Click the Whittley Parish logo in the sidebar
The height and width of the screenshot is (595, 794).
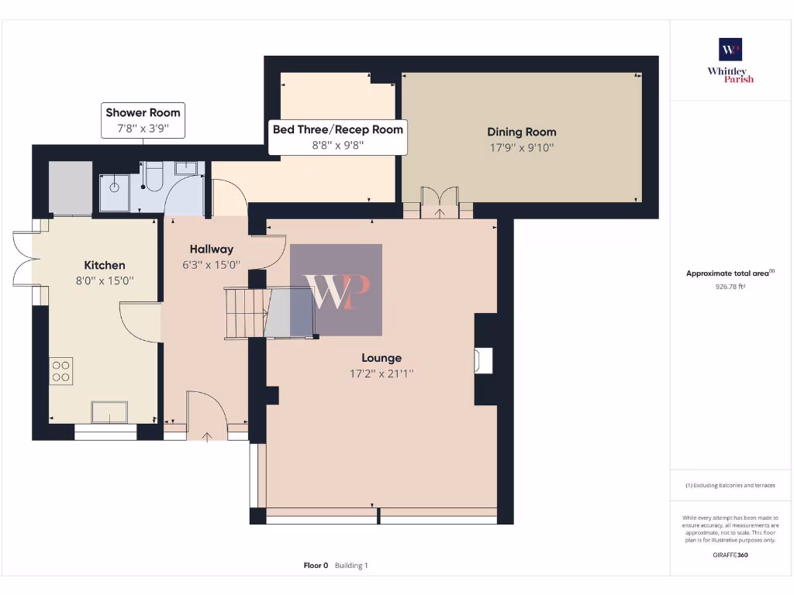(x=730, y=60)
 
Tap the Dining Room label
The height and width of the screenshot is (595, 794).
(x=521, y=132)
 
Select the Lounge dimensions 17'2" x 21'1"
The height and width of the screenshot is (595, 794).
(x=381, y=373)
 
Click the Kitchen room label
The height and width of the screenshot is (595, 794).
(x=105, y=265)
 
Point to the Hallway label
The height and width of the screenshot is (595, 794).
(x=211, y=249)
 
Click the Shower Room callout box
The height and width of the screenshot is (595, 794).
(x=143, y=120)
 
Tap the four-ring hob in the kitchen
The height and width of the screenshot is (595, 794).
(x=61, y=370)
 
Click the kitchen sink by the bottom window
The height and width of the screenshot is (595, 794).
(x=109, y=412)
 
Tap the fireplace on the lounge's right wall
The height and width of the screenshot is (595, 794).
(x=483, y=360)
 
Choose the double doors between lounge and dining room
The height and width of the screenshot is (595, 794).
(x=440, y=201)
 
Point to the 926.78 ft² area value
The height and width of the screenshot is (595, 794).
(x=730, y=286)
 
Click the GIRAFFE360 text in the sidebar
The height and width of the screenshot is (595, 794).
(x=730, y=555)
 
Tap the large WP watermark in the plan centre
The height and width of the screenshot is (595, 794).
(x=337, y=291)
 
